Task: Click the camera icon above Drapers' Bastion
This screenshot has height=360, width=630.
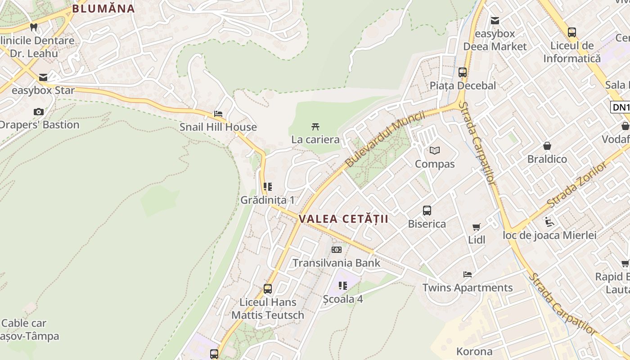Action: click(39, 112)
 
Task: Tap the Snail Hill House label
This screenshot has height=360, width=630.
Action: click(218, 127)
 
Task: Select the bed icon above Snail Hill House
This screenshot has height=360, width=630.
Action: click(218, 114)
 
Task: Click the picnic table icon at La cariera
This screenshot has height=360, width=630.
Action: click(315, 126)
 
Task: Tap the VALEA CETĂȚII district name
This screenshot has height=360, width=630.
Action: click(343, 219)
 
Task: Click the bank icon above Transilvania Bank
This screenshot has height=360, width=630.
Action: click(337, 250)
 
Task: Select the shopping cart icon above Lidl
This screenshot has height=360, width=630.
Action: click(477, 227)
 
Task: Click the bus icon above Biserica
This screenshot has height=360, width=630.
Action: click(427, 210)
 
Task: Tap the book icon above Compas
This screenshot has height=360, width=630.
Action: click(434, 151)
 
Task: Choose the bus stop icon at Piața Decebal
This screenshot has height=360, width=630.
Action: click(462, 72)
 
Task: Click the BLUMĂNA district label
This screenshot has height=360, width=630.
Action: click(103, 9)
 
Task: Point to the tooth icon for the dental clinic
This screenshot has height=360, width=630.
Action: click(33, 27)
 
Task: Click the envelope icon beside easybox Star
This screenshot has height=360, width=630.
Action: click(43, 77)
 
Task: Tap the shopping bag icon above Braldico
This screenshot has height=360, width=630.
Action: click(547, 146)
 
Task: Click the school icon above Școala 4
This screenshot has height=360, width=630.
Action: click(343, 285)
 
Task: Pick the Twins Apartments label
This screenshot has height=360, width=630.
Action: click(468, 288)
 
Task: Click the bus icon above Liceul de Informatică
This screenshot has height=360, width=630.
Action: click(571, 32)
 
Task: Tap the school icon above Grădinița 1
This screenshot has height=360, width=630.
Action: click(268, 186)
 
